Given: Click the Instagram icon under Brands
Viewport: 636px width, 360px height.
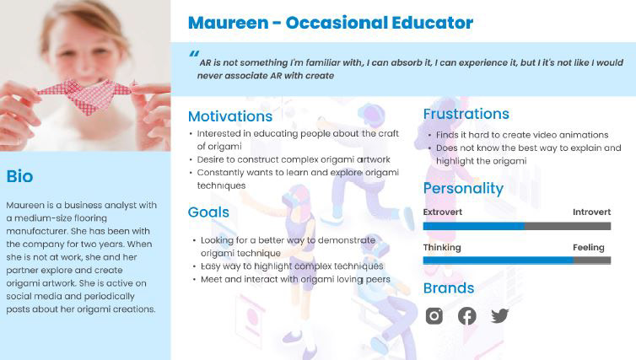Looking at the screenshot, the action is pos(434,316).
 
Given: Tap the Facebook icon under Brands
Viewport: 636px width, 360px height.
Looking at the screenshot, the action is pos(466,316).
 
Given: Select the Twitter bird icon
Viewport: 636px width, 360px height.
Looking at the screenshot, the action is pos(499,316).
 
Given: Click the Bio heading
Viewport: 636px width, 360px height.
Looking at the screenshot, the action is pos(19,176).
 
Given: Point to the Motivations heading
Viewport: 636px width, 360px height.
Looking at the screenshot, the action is pos(230,116).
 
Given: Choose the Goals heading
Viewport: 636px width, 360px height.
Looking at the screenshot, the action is pos(208,212).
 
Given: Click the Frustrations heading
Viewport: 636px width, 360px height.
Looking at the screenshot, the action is pos(466,114).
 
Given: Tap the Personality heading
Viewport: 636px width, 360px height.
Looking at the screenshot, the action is pos(463,189).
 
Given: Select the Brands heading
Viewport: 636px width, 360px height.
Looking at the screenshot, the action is pos(449,288).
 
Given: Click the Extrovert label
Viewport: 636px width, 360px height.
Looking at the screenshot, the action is pos(443,212).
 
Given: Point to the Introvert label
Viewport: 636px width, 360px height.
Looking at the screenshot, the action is pos(592,212).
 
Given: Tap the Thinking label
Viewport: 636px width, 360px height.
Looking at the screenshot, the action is pos(442,247).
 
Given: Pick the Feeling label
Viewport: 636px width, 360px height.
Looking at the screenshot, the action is pos(589,247).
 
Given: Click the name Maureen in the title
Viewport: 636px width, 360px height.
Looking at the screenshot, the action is pos(229,23).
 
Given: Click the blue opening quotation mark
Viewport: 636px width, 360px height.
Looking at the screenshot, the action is pos(194,53).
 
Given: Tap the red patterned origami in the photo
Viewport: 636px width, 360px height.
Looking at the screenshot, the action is pos(85,95).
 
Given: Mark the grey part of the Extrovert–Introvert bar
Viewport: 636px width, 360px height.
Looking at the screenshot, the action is pos(568,226).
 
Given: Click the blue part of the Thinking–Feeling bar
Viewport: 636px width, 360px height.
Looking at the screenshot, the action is pos(499,261).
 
